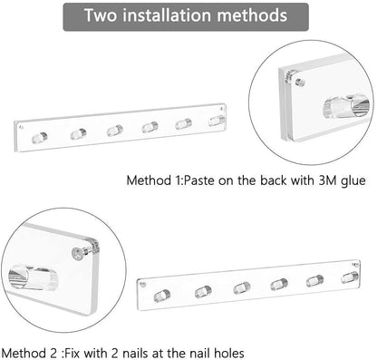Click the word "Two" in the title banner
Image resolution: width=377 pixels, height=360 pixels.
(101, 15)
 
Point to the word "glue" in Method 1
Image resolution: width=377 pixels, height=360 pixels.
(353, 181)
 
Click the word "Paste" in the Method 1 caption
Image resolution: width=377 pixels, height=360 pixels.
(198, 180)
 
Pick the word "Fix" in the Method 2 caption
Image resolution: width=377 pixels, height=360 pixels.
(72, 353)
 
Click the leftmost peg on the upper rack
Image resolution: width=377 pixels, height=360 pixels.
(40, 138)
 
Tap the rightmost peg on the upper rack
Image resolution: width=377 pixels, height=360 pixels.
(217, 121)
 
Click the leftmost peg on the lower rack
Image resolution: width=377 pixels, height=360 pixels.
(162, 296)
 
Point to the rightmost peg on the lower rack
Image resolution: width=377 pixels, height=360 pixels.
(350, 277)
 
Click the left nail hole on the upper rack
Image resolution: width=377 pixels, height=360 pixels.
(21, 127)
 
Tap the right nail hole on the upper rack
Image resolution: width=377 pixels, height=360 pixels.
(222, 109)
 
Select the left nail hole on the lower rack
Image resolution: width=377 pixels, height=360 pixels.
(143, 285)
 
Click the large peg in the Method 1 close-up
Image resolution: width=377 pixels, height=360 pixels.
(346, 106)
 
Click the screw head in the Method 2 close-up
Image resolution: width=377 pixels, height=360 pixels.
(78, 253)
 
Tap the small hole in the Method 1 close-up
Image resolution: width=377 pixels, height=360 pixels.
(300, 83)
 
